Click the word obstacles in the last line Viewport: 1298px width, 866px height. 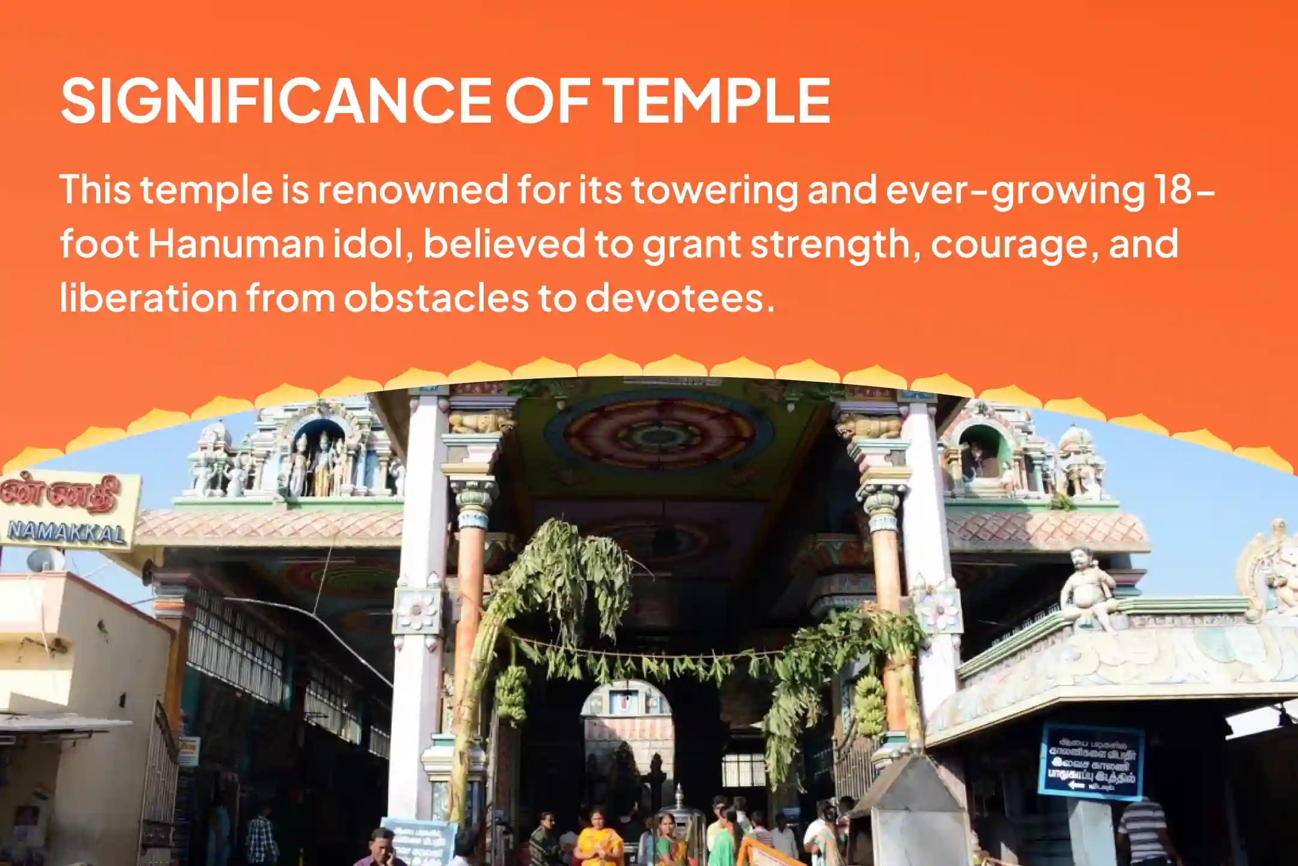(436, 297)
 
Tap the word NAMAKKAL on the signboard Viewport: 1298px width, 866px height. (67, 533)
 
